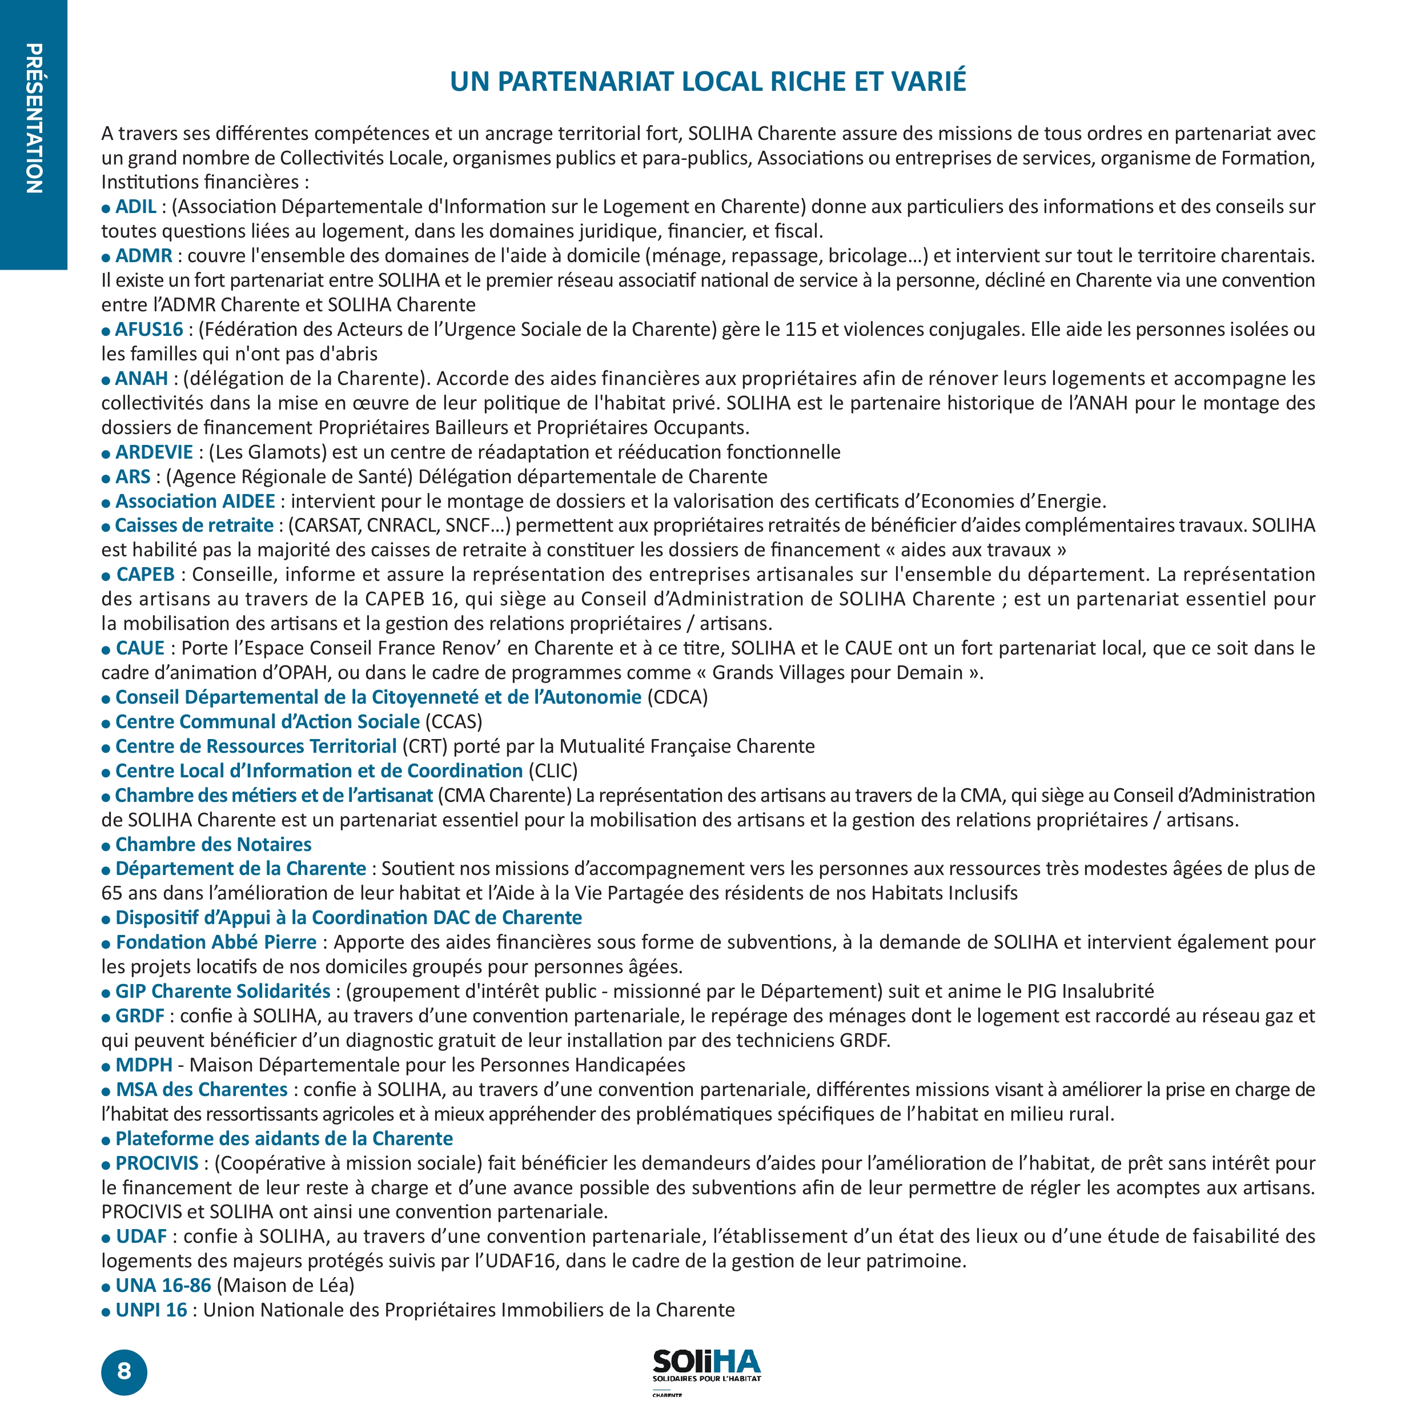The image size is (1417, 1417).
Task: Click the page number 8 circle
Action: click(124, 1371)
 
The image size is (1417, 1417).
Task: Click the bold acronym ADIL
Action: click(136, 207)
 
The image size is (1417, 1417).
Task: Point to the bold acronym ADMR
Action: click(144, 256)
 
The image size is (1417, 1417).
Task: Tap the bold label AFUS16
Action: click(149, 330)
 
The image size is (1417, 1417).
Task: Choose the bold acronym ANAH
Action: click(142, 379)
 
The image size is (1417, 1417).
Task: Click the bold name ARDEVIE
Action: click(154, 452)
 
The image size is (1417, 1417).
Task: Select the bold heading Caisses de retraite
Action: click(194, 525)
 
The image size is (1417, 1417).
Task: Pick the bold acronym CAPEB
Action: click(145, 574)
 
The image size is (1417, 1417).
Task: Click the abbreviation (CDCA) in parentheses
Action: click(677, 697)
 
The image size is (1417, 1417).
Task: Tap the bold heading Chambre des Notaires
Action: click(214, 844)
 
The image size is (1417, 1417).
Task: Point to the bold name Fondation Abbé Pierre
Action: click(216, 942)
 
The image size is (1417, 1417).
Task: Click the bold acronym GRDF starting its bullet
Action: click(140, 1016)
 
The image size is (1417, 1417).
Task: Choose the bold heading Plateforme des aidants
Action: click(284, 1138)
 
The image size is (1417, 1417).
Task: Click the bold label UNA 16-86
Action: click(163, 1285)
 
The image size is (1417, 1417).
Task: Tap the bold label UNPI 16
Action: click(152, 1310)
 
